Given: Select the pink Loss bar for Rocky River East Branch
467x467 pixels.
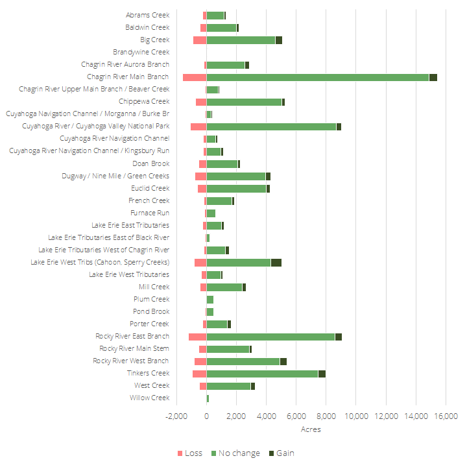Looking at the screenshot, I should pos(197,337).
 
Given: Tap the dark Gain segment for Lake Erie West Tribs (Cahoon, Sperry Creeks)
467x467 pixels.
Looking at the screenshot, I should pos(276,263).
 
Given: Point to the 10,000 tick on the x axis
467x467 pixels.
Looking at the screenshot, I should pos(356,416).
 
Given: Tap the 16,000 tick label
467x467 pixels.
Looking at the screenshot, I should pos(446,416).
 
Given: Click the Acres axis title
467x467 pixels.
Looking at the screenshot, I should pos(311,429).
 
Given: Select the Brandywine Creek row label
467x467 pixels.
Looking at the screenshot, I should pos(141,52).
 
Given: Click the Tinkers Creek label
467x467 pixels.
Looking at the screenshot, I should pos(149,373).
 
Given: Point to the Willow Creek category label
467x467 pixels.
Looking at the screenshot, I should pos(149,398).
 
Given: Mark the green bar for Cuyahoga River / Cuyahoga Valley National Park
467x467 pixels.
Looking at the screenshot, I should pos(271,126).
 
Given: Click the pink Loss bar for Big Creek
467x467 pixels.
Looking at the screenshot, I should pos(200,40).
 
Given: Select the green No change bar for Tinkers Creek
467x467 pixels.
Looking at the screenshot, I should pos(262,374).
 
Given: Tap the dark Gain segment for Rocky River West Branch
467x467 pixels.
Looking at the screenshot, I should pos(283,361).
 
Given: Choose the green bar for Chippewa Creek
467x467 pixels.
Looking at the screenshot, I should pos(244,102).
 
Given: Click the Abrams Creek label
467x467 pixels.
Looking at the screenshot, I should pos(148,15).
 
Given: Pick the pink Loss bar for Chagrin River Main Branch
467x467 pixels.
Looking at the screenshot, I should pos(195,77).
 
